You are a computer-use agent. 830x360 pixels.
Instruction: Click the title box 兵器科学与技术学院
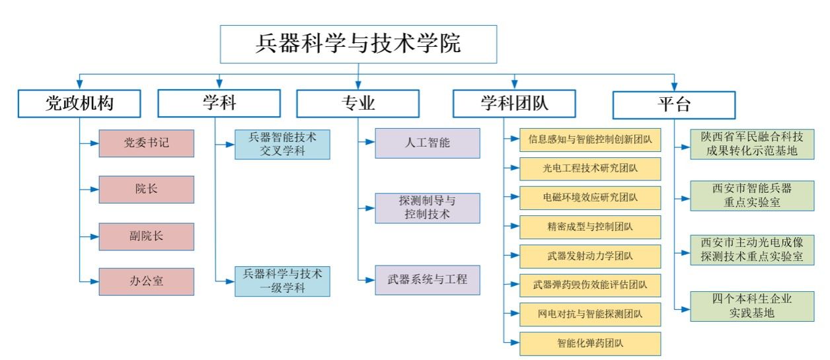358,44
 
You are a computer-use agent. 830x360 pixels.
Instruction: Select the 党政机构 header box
79,104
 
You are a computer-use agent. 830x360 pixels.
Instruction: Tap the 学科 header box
219,104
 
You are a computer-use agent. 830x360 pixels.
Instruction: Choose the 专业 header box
358,104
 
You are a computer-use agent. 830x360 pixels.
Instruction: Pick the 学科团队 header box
514,104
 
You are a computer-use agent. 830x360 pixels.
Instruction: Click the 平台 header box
674,104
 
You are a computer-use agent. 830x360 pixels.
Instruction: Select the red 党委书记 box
146,143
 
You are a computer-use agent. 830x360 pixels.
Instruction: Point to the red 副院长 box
146,236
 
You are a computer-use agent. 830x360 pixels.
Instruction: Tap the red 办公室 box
146,281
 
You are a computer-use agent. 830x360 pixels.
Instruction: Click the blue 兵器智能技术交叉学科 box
283,145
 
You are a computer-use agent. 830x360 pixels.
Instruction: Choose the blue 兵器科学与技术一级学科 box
283,281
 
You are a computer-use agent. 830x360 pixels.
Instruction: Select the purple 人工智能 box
428,143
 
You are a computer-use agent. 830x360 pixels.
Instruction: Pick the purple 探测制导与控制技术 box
428,207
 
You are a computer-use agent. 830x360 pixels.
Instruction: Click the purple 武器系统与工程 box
428,279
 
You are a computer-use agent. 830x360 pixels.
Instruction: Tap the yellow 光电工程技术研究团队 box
590,168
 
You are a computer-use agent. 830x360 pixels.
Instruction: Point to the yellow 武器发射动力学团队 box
590,256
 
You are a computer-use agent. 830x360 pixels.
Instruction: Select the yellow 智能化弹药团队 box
590,343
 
